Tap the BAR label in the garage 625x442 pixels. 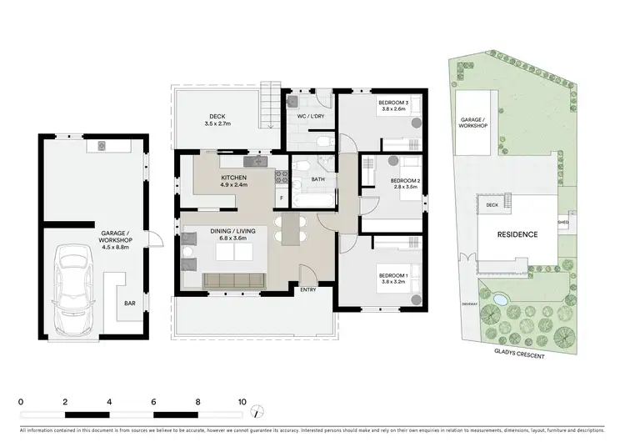coord(130,304)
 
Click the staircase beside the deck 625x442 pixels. coord(269,105)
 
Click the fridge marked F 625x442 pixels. coord(280,198)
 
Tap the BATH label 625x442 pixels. coord(317,178)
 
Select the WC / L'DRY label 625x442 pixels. coord(310,117)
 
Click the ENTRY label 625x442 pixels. coord(308,289)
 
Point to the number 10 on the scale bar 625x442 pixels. coord(242,401)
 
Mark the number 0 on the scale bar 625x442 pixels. coord(21,401)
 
